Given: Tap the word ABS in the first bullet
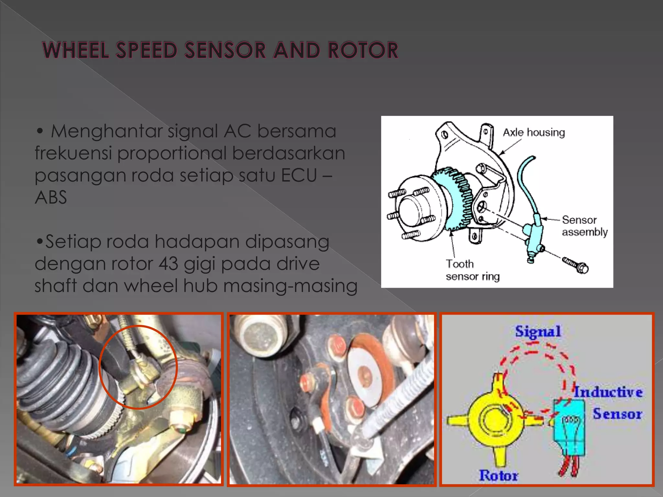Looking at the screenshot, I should coord(51,197).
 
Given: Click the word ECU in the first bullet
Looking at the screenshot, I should coord(299,175).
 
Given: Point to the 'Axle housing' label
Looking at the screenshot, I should coord(534,132).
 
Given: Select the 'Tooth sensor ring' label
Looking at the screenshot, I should coord(472,270).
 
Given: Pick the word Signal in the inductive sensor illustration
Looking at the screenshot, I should coord(538,331).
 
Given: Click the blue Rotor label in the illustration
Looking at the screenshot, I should coord(498,475).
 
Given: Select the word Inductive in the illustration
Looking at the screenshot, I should coord(608,392).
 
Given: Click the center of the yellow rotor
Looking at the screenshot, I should coord(493,420).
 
